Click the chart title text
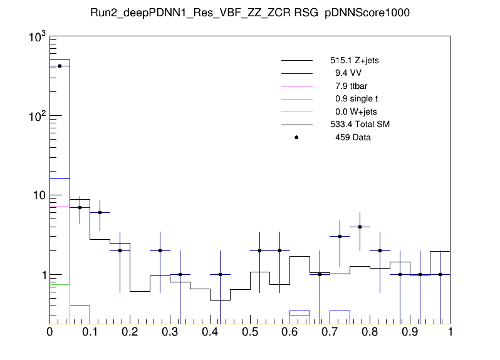250,13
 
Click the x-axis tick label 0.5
250,332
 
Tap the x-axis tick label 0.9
410,332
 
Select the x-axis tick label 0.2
130,332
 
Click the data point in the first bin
60,66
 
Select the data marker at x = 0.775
360,227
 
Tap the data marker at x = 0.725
340,236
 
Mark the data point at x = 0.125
100,212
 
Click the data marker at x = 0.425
220,274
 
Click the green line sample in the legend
296,99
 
